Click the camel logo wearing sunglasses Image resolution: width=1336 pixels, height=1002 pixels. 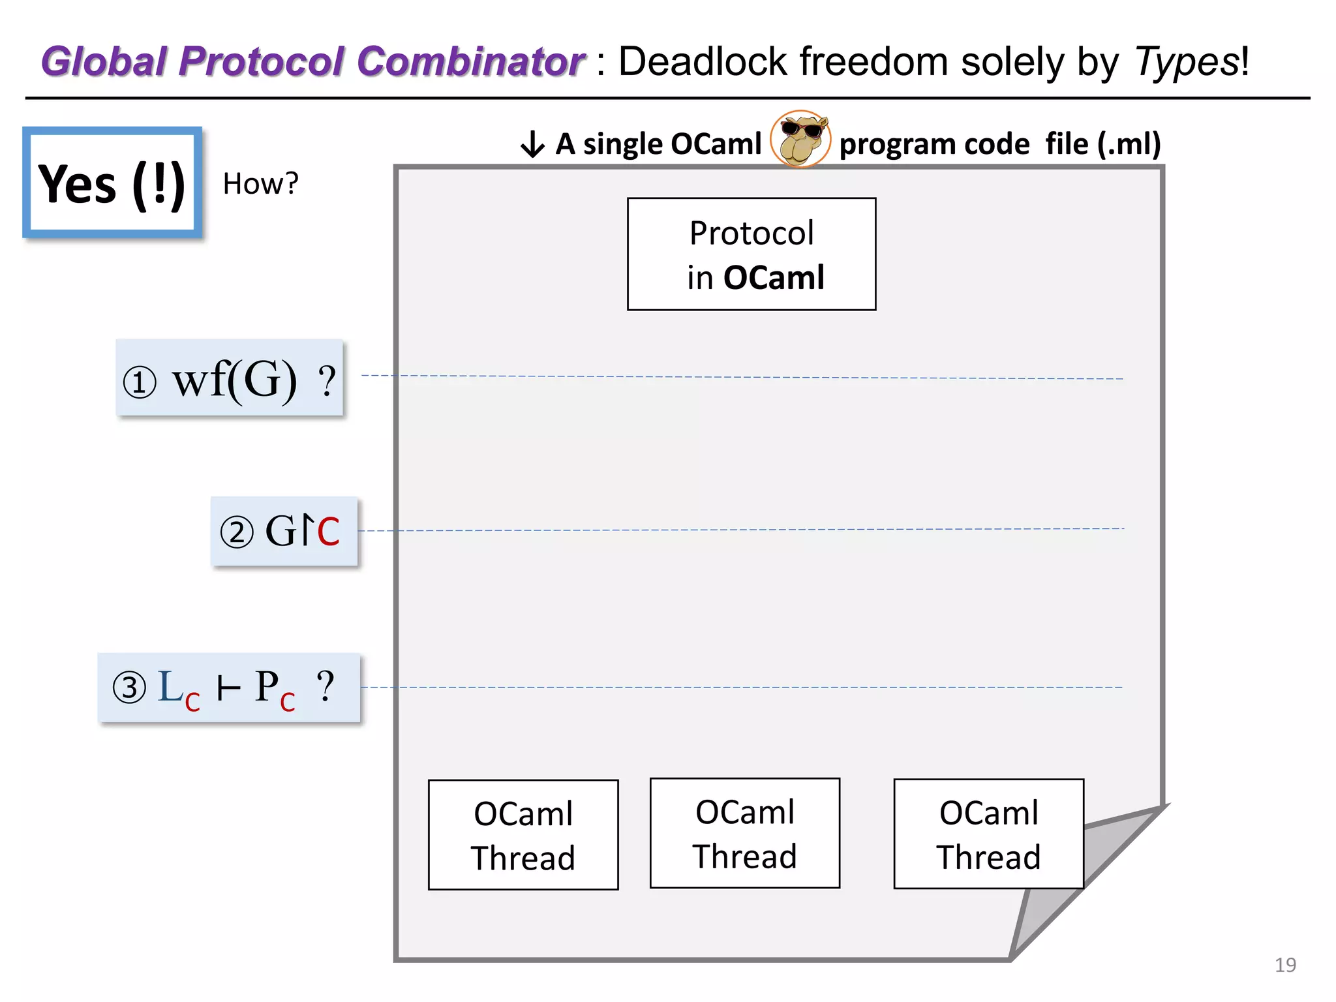800,139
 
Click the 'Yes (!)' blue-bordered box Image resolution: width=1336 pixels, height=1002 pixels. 112,183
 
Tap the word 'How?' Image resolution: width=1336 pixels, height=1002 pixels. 260,184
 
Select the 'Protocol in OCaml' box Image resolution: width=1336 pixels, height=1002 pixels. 751,254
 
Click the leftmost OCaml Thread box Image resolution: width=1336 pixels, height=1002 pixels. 523,835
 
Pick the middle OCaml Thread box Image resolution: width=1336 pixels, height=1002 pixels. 744,833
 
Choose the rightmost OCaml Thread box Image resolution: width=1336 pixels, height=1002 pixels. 988,834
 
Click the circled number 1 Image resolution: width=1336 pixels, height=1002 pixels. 140,382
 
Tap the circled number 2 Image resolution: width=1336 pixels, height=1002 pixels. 236,532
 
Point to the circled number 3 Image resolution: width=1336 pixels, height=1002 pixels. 129,688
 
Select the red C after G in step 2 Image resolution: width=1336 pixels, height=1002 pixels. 327,532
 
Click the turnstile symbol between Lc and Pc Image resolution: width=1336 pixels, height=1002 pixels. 228,688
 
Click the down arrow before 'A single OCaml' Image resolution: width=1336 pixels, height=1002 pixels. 532,144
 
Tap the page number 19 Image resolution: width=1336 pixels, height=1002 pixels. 1284,965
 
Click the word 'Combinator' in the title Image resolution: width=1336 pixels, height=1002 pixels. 470,62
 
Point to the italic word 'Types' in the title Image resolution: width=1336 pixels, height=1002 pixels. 1186,63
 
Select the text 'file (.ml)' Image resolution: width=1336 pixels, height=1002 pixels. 1102,144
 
